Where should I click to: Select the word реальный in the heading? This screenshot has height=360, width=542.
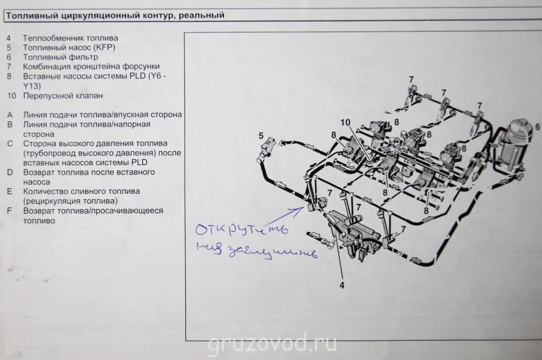click(x=202, y=15)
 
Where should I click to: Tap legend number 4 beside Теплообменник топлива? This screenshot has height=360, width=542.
click(x=9, y=38)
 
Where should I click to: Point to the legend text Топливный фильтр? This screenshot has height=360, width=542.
click(x=60, y=57)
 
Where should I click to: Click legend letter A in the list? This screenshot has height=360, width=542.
click(x=10, y=114)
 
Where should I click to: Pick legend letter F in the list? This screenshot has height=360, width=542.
click(x=10, y=211)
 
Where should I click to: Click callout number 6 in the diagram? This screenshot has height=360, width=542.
click(x=537, y=127)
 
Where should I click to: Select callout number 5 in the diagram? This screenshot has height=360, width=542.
click(x=261, y=136)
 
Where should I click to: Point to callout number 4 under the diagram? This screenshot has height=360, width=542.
click(x=342, y=285)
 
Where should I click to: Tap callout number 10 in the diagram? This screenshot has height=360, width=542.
click(x=345, y=122)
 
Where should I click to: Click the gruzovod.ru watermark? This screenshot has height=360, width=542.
click(x=272, y=344)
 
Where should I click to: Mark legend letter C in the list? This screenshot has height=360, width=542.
click(x=10, y=143)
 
